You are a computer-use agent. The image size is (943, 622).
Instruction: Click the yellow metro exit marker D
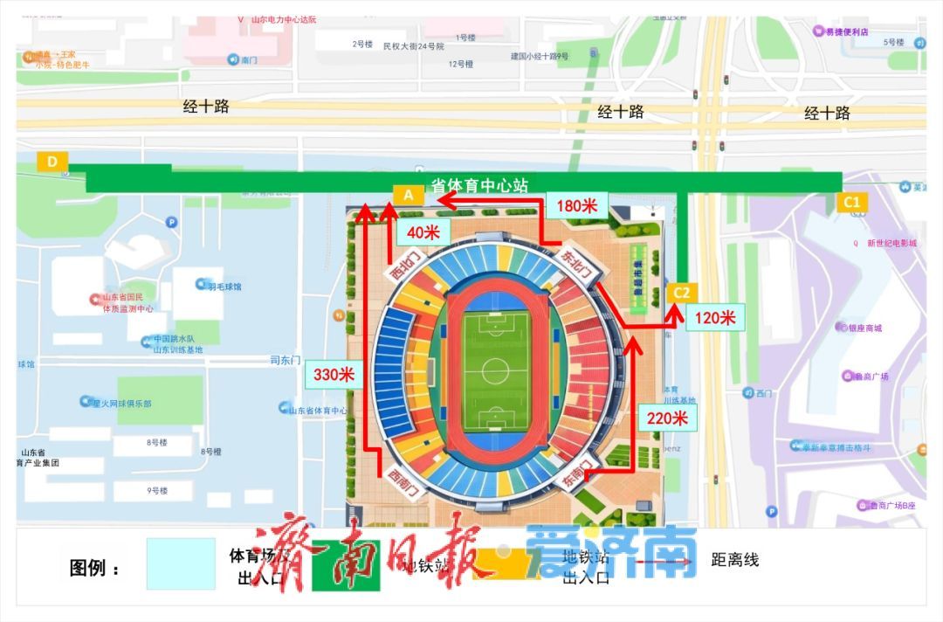[52, 162]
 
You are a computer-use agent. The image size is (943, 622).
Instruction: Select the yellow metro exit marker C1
[852, 203]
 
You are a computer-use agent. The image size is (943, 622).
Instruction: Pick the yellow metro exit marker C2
[681, 293]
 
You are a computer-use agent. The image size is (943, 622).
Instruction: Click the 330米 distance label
[334, 375]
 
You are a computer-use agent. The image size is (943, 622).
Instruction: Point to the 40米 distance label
[423, 232]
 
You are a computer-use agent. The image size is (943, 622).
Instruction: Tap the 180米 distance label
[576, 206]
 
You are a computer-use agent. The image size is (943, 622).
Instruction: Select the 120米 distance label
[715, 318]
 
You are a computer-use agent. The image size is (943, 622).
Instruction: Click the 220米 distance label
[668, 418]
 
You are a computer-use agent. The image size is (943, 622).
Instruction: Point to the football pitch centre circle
[495, 371]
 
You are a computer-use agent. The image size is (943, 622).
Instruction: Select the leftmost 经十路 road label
[206, 107]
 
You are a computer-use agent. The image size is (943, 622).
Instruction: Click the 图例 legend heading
[94, 568]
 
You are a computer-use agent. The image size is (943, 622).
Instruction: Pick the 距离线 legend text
[735, 559]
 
